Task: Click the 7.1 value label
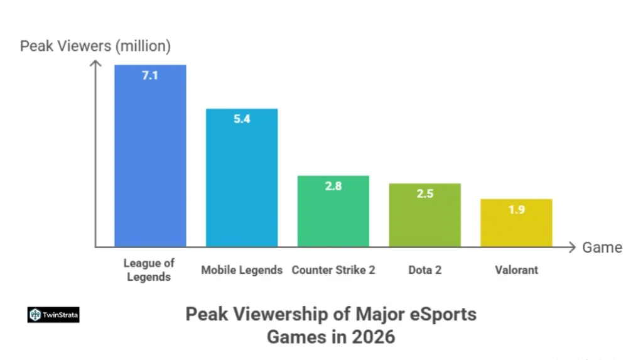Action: tap(150, 76)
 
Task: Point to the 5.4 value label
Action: tap(242, 119)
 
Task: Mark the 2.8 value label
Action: tap(333, 187)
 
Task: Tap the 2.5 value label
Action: tap(425, 194)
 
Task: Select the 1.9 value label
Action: tap(516, 210)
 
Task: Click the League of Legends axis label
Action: tap(149, 270)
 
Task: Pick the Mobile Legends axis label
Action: tap(242, 270)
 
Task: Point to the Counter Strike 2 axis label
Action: tap(333, 270)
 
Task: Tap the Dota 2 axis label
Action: tap(425, 270)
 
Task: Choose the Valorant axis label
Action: tap(516, 270)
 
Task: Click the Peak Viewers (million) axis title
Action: tap(95, 46)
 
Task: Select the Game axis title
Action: tap(602, 248)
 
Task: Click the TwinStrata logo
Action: tap(53, 315)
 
